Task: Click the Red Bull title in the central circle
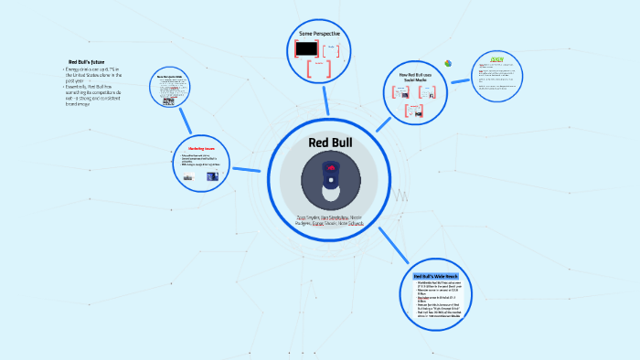329,143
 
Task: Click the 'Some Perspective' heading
319,34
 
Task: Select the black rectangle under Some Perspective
307,48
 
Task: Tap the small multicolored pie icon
448,62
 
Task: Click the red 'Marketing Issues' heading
202,148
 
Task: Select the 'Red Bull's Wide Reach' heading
435,275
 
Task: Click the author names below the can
329,220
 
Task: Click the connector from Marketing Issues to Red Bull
246,169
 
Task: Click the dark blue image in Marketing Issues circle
212,176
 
